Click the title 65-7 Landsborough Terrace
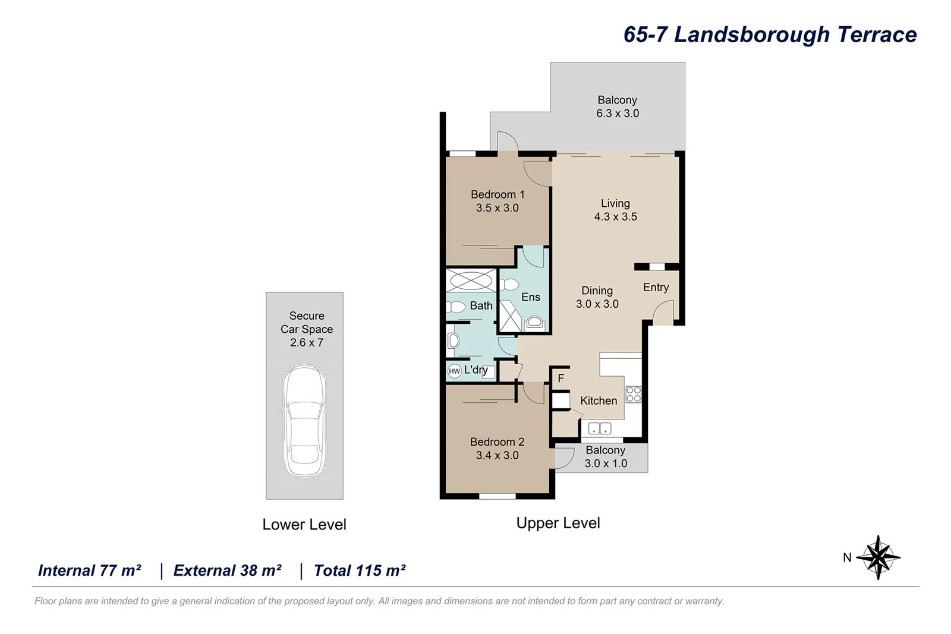point(770,34)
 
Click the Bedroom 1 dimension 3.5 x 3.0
point(497,208)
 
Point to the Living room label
point(615,203)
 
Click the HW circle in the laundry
point(455,371)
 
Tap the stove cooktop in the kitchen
point(634,395)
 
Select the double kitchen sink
point(599,428)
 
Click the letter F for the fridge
point(560,378)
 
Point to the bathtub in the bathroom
point(471,280)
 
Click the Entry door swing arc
point(662,312)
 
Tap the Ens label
point(531,297)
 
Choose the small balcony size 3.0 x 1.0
point(606,463)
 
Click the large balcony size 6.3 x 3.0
point(618,113)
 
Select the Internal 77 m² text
point(90,570)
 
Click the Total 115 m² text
point(360,570)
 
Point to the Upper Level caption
point(558,523)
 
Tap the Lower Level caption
point(304,524)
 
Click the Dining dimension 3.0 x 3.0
point(597,304)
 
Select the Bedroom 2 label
point(497,441)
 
